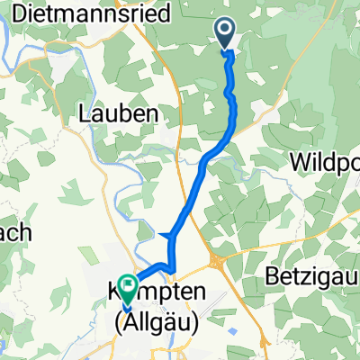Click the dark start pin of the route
(x=225, y=33)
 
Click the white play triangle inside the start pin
(x=225, y=31)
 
